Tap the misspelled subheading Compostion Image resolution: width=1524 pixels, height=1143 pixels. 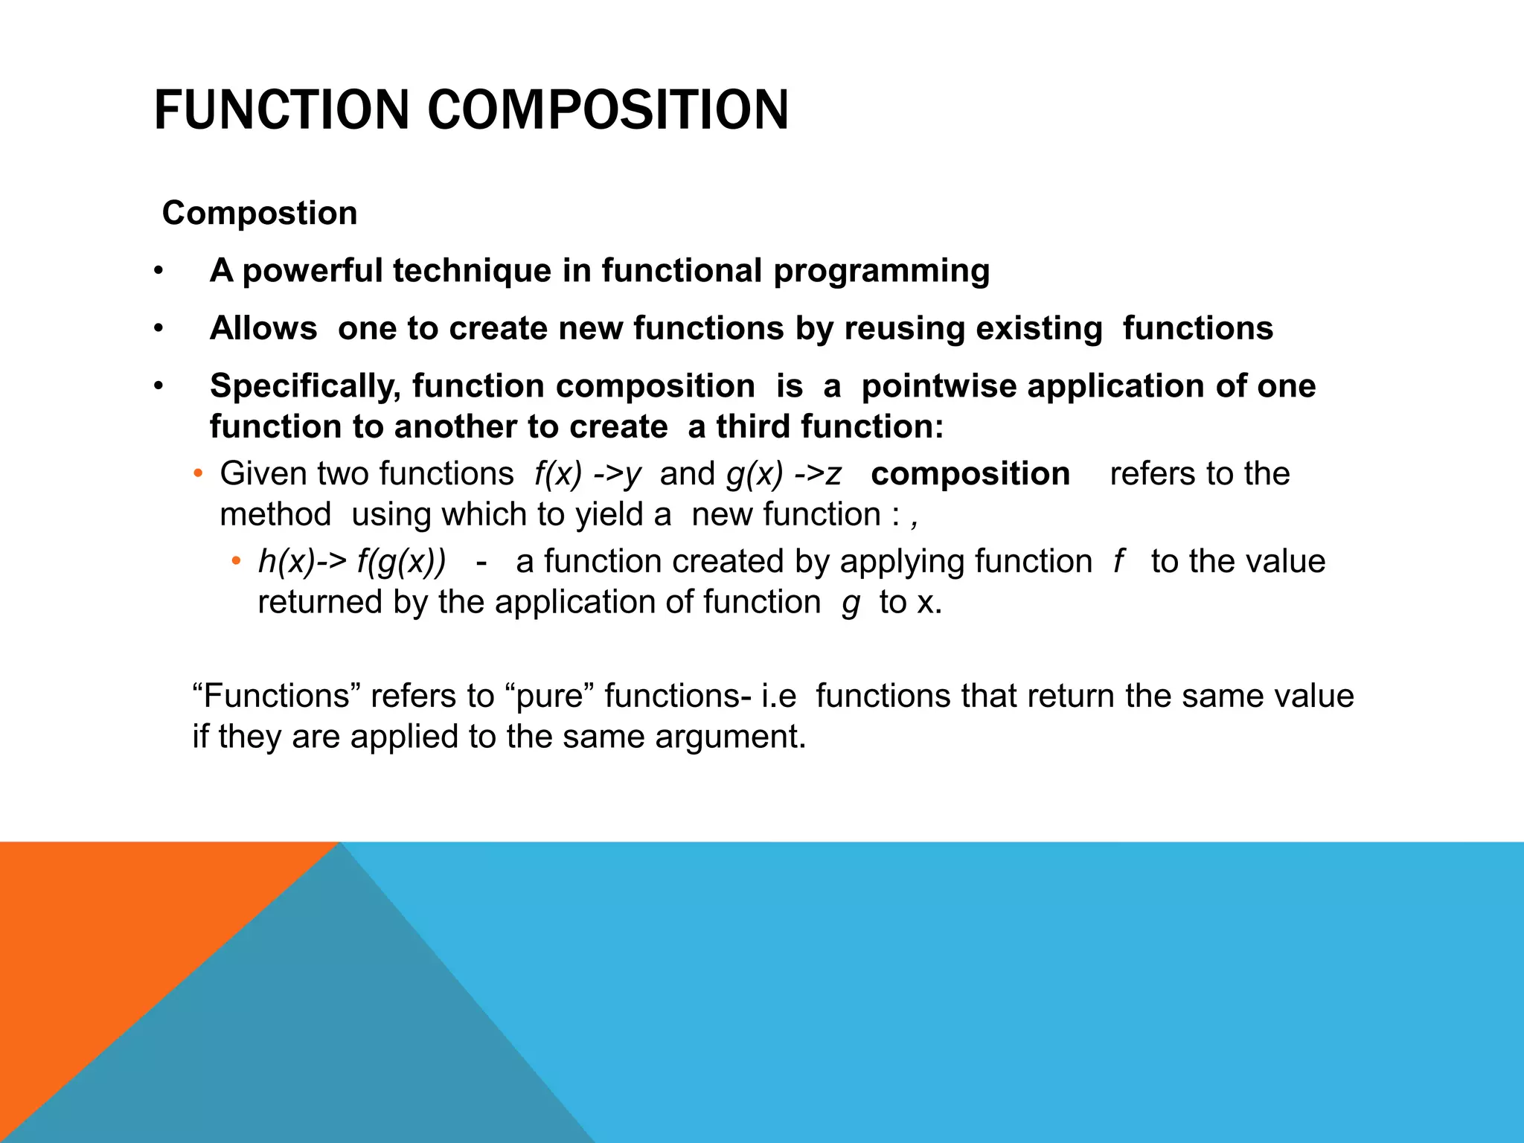260,214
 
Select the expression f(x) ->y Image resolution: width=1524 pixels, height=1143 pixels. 587,474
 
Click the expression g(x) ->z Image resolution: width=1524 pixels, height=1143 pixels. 784,474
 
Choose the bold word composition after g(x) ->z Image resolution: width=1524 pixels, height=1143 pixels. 970,474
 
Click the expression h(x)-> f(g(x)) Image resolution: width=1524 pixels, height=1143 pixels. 352,562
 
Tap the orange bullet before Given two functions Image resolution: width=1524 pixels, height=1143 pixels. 197,474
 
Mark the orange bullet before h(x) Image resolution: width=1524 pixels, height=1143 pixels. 236,561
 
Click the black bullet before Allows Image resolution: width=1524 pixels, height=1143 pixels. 158,328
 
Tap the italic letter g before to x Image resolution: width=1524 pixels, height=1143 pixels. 851,603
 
